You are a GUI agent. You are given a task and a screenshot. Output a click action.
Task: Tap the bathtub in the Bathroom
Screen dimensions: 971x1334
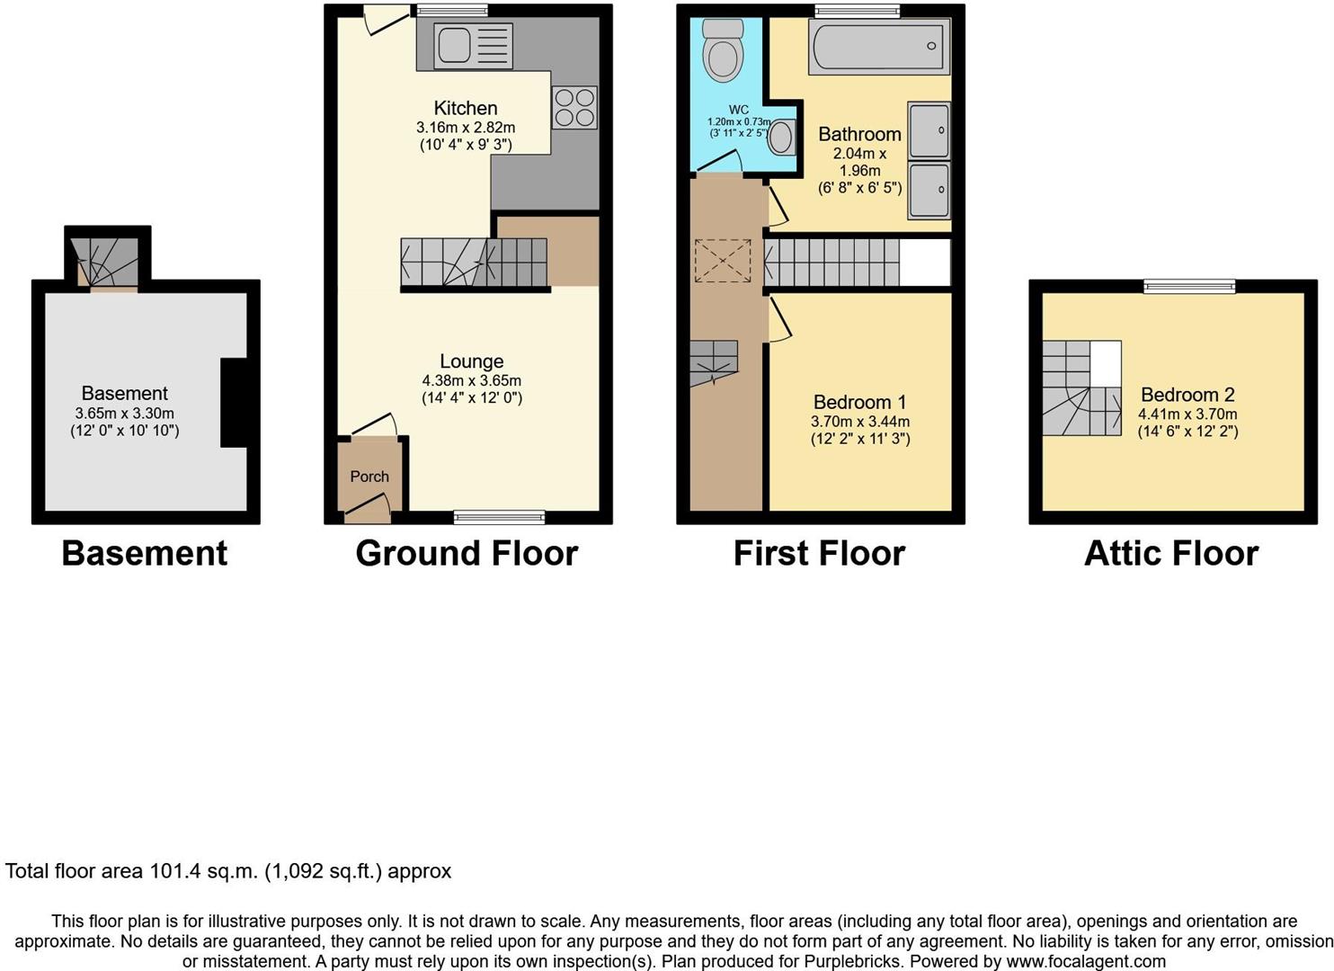click(879, 46)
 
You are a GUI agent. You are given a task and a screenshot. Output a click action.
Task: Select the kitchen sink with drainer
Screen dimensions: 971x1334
click(473, 46)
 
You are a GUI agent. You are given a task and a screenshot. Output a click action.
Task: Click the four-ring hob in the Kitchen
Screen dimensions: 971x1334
click(574, 107)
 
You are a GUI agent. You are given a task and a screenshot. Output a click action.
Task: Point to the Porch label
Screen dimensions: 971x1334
click(369, 477)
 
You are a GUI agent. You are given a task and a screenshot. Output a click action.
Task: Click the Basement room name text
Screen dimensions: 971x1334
click(125, 393)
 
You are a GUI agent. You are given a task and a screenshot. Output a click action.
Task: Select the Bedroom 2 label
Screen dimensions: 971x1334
click(1187, 395)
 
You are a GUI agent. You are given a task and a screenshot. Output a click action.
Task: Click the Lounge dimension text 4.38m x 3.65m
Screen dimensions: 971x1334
click(472, 380)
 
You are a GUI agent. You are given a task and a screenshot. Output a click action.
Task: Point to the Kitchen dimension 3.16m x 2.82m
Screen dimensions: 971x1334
click(466, 128)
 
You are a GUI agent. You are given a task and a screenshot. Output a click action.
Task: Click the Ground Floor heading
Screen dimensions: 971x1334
click(467, 553)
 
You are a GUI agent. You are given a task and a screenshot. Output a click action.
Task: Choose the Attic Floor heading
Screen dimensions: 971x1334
click(1171, 553)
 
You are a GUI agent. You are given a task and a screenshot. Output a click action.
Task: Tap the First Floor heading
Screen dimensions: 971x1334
click(819, 553)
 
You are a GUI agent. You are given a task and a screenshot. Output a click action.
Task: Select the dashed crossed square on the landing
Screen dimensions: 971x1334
click(722, 261)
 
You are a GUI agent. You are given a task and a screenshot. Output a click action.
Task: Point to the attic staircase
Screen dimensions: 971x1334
click(1081, 388)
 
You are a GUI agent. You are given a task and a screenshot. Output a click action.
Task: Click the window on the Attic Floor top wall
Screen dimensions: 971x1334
click(1189, 286)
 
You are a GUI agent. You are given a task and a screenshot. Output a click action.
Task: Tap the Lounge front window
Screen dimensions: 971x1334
click(499, 517)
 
